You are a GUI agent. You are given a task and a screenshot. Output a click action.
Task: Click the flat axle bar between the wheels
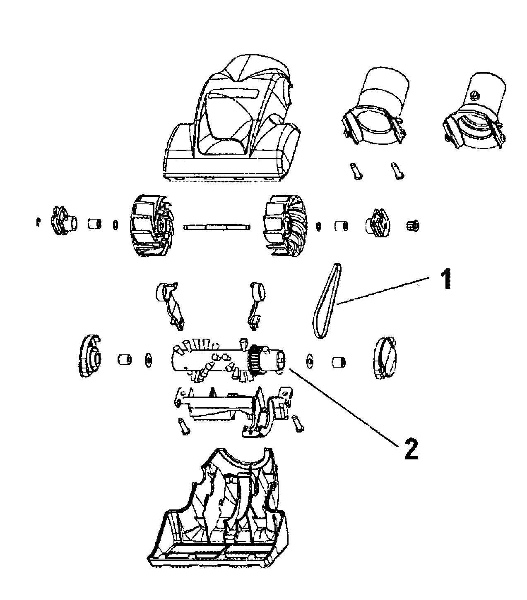217,227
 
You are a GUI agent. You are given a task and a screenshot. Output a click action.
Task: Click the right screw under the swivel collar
397,171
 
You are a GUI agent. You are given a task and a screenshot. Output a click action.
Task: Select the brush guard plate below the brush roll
224,407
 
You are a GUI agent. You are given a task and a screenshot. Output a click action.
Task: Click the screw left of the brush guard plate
183,425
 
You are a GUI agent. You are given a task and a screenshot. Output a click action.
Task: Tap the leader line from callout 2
344,407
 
